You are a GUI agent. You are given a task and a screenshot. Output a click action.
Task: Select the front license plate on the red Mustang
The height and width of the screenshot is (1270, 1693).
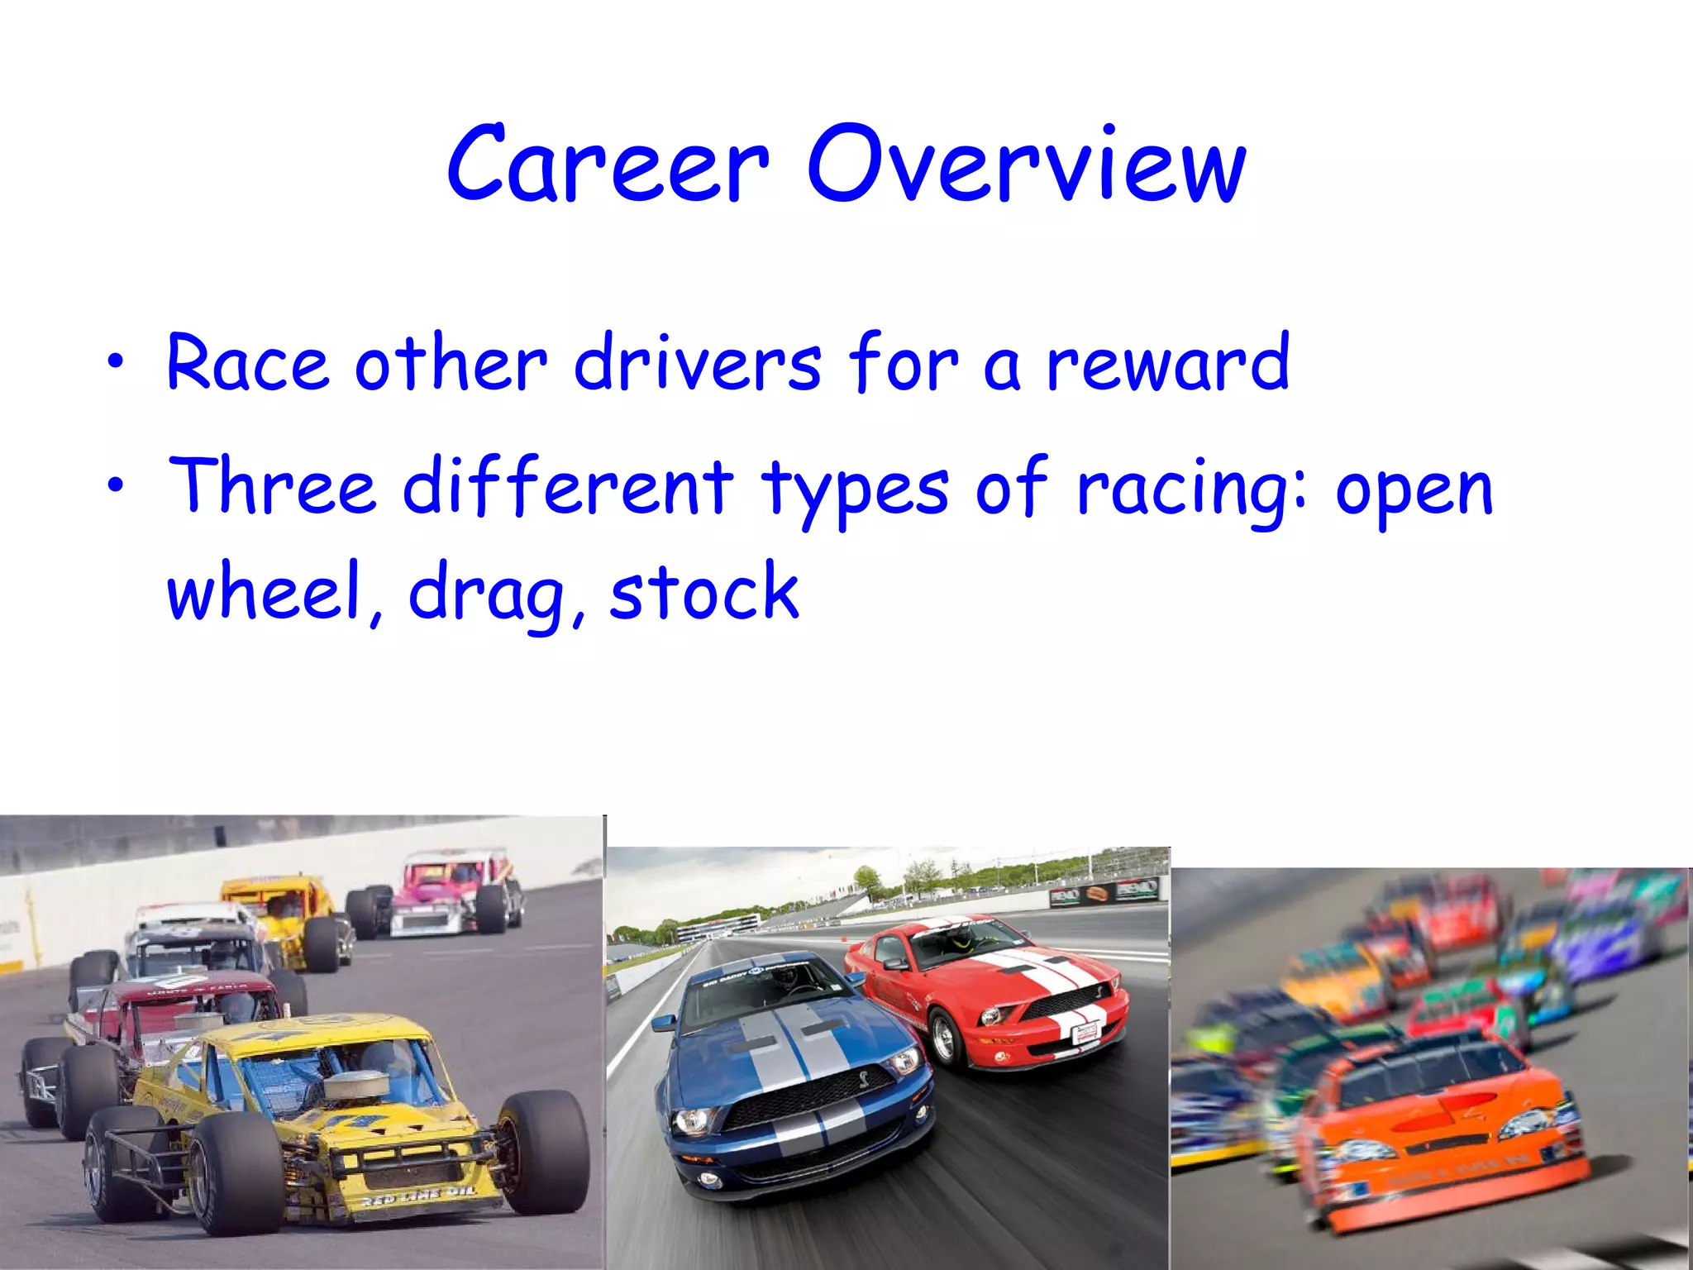[1085, 1031]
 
